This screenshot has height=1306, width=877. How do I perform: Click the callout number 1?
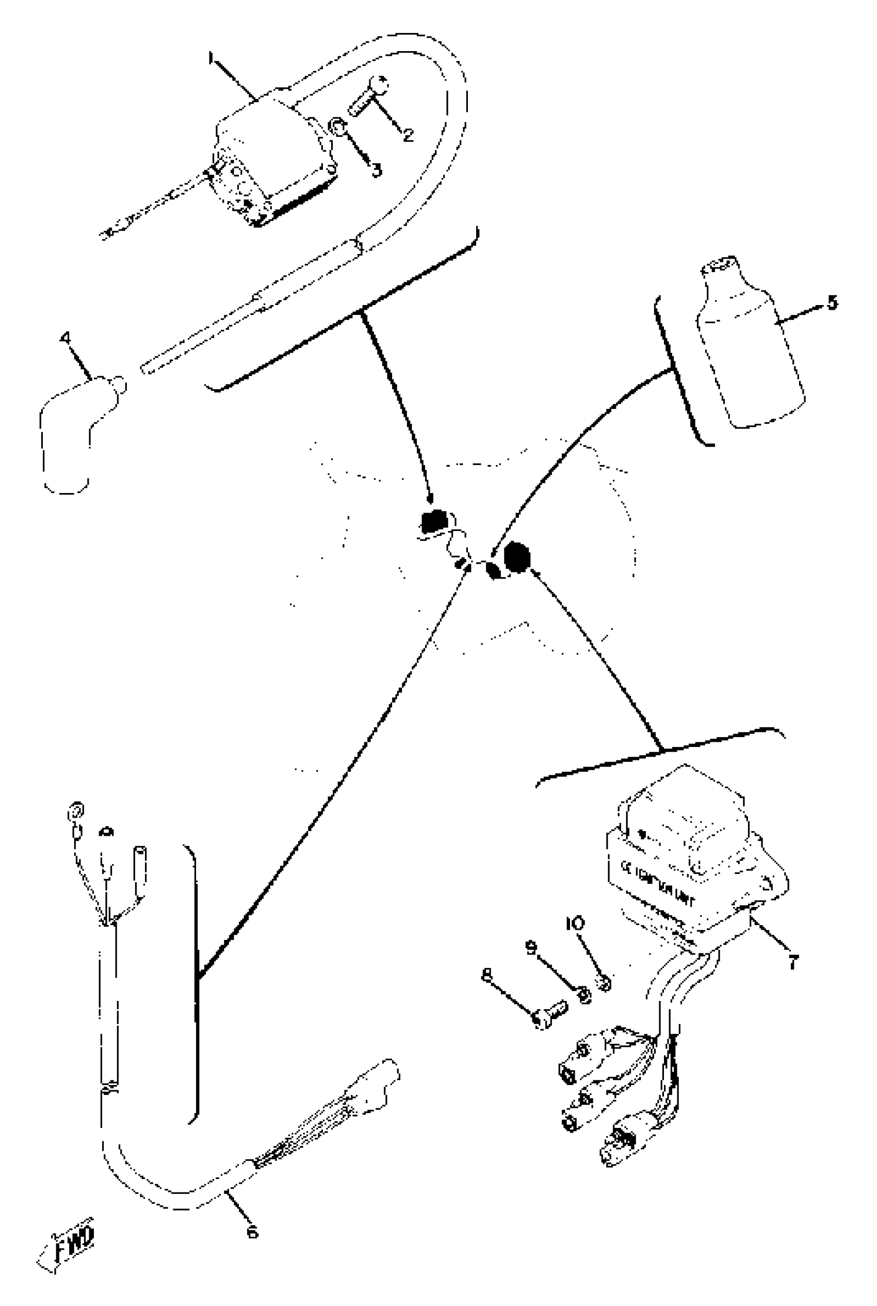click(211, 58)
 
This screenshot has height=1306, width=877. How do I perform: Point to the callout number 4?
click(66, 338)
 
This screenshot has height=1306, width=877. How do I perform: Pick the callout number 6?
click(252, 1231)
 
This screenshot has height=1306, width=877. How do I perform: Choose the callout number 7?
click(792, 962)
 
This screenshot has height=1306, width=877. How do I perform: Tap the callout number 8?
click(486, 975)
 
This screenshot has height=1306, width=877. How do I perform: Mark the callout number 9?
click(531, 947)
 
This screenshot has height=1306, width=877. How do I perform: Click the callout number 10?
click(575, 922)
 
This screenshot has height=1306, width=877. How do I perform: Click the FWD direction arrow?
click(67, 1240)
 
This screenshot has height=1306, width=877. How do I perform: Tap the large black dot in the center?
click(516, 557)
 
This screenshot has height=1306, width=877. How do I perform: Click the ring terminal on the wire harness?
click(75, 811)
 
